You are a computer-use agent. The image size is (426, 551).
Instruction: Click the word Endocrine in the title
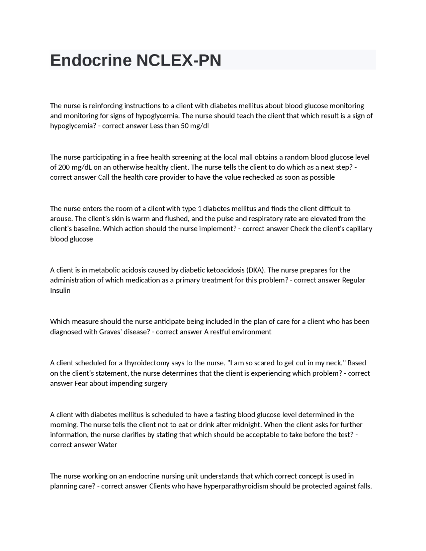point(91,60)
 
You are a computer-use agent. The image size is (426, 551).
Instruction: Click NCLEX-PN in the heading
point(179,60)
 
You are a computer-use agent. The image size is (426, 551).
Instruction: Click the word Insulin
point(60,290)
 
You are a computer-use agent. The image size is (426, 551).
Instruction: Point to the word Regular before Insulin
point(353,280)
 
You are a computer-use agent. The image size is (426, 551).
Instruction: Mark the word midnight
point(246,425)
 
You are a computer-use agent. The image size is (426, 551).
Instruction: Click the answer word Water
point(107,445)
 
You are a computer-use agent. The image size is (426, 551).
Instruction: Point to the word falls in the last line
point(364,486)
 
